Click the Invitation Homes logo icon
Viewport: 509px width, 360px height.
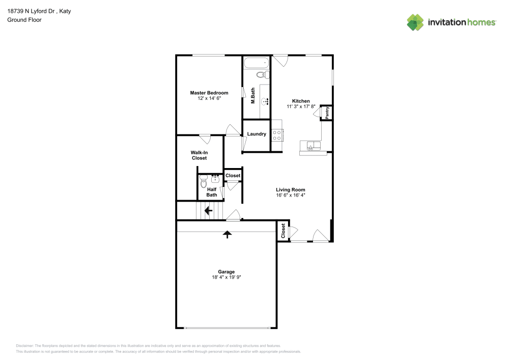[415, 22]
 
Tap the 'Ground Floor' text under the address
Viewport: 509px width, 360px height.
[24, 20]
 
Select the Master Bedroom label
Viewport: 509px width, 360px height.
[209, 93]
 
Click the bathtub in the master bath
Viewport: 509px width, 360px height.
[256, 64]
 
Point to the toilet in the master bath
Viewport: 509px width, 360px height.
[262, 75]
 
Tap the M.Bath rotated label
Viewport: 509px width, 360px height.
[252, 96]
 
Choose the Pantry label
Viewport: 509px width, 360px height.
[327, 113]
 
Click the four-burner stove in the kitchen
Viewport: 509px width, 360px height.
[277, 135]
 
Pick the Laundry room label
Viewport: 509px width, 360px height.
[257, 134]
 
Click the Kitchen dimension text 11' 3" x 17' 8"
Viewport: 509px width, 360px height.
[301, 107]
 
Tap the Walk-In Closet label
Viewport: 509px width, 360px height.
[199, 155]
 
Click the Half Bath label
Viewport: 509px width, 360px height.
[212, 192]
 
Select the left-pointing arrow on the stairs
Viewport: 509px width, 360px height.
[208, 210]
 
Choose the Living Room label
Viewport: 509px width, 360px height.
[291, 189]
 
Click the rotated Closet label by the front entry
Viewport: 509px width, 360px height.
[283, 231]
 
